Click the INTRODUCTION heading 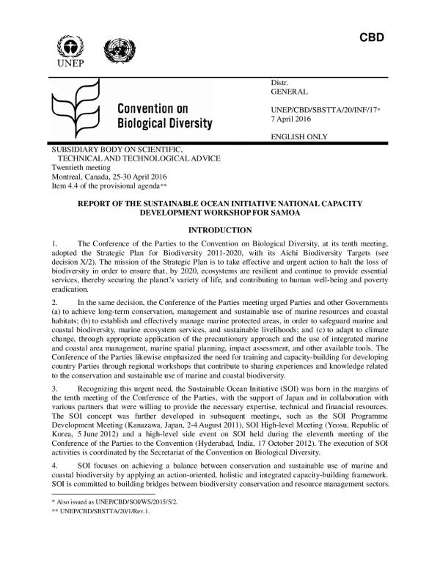point(221,230)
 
